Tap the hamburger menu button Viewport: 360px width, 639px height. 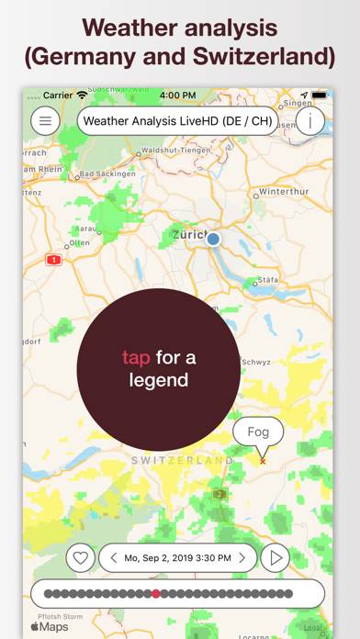pyautogui.click(x=45, y=120)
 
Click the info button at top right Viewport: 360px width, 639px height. pyautogui.click(x=309, y=120)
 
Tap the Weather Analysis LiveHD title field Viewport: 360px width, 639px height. pyautogui.click(x=177, y=120)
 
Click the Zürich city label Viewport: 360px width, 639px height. pyautogui.click(x=189, y=235)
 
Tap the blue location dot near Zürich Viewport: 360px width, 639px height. pyautogui.click(x=214, y=239)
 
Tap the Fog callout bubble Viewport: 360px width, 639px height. pyautogui.click(x=258, y=431)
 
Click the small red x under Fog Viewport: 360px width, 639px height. pyautogui.click(x=263, y=461)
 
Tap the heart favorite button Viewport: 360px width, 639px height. pyautogui.click(x=80, y=557)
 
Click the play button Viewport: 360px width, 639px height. pyautogui.click(x=275, y=557)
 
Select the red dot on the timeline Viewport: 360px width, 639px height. pyautogui.click(x=156, y=594)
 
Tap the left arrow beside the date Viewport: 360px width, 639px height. pyautogui.click(x=113, y=557)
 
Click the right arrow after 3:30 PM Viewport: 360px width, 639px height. pyautogui.click(x=242, y=557)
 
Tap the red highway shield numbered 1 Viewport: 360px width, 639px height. pyautogui.click(x=53, y=260)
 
